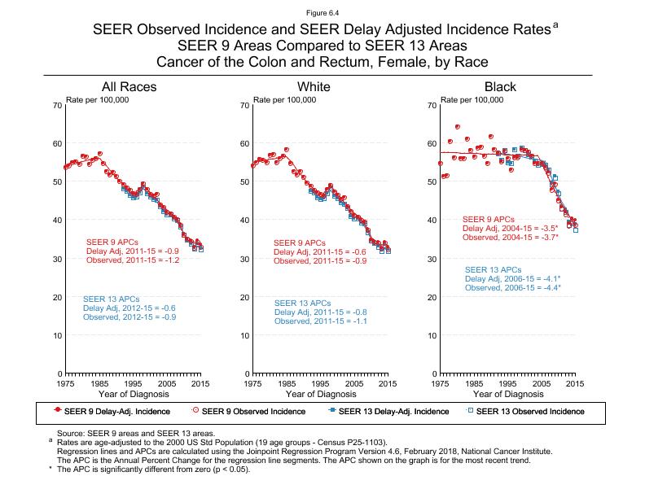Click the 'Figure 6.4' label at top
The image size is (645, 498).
pyautogui.click(x=322, y=13)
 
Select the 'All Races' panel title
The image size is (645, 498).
pyautogui.click(x=129, y=87)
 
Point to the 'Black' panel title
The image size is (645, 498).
pyautogui.click(x=500, y=87)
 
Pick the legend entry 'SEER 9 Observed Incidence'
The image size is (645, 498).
pyautogui.click(x=252, y=411)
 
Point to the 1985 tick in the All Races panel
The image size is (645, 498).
pyautogui.click(x=99, y=382)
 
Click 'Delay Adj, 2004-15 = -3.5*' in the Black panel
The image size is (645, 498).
pyautogui.click(x=509, y=229)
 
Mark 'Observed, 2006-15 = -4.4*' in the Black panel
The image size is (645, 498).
pyautogui.click(x=513, y=288)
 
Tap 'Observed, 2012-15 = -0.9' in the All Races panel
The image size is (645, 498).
pyautogui.click(x=129, y=317)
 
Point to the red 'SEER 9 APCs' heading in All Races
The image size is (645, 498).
pyautogui.click(x=112, y=242)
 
